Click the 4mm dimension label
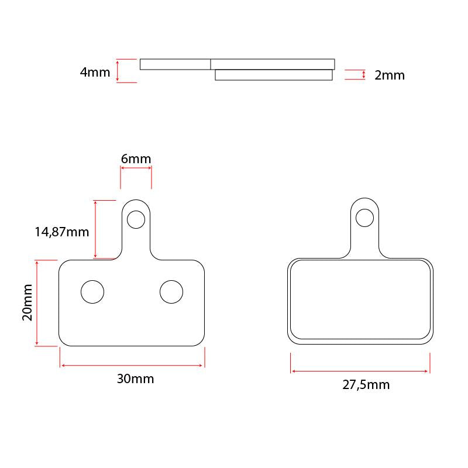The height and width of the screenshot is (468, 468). point(95,73)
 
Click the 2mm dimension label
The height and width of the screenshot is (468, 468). point(389,75)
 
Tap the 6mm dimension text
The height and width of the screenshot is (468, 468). point(136,159)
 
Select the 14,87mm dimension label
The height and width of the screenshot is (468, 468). point(61,232)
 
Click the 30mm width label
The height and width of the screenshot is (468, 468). point(135,378)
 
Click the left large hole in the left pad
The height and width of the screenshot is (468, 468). point(92,291)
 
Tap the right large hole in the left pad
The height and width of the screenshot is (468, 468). point(171,291)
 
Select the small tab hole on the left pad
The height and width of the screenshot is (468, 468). point(136,219)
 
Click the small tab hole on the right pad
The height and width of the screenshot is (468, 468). point(364,218)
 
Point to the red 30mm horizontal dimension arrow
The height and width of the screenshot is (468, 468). point(132,366)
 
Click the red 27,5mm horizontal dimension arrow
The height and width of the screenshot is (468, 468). point(360,371)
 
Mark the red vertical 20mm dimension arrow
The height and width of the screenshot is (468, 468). point(37,303)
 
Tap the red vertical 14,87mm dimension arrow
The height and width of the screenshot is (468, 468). point(95,229)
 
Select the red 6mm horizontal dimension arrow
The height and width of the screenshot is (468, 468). point(136,168)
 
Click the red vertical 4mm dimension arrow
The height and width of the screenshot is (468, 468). point(118,71)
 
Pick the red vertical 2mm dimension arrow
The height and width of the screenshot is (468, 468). point(364,75)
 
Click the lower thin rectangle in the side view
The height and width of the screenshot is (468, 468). point(274,75)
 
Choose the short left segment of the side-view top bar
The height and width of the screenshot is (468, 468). point(175,64)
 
